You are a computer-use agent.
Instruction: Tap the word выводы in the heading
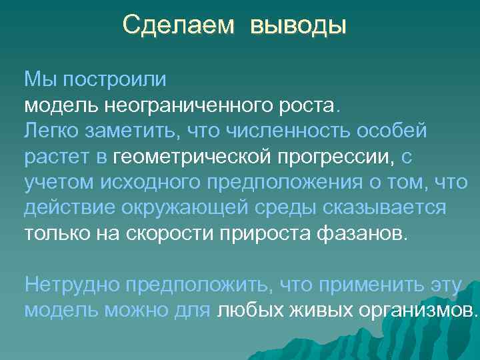pyautogui.click(x=299, y=27)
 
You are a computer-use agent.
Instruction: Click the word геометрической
pyautogui.click(x=191, y=157)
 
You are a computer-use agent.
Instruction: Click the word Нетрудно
pyautogui.click(x=67, y=285)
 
